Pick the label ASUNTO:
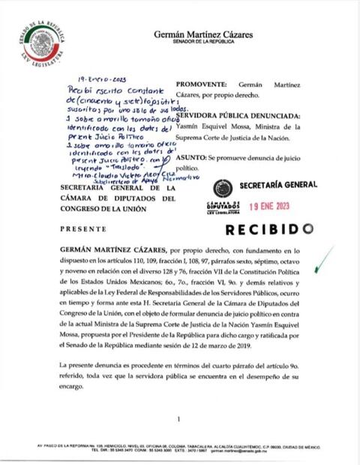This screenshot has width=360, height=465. [x=193, y=162]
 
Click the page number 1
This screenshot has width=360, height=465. [x=180, y=419]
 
